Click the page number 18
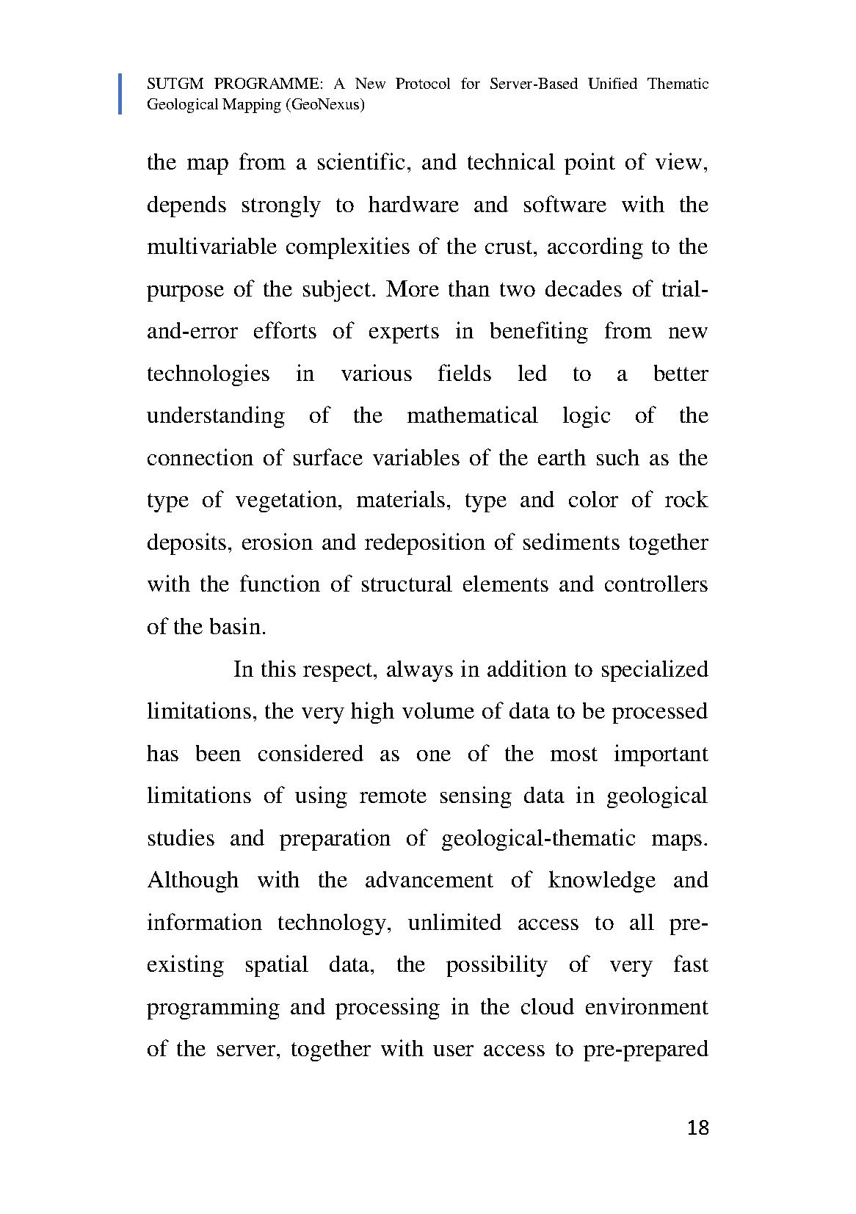click(698, 1128)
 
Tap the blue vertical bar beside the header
click(120, 94)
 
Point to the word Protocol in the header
click(423, 84)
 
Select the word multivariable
click(211, 247)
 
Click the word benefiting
click(539, 331)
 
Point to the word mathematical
click(472, 415)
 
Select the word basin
click(236, 627)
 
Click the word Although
click(193, 880)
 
